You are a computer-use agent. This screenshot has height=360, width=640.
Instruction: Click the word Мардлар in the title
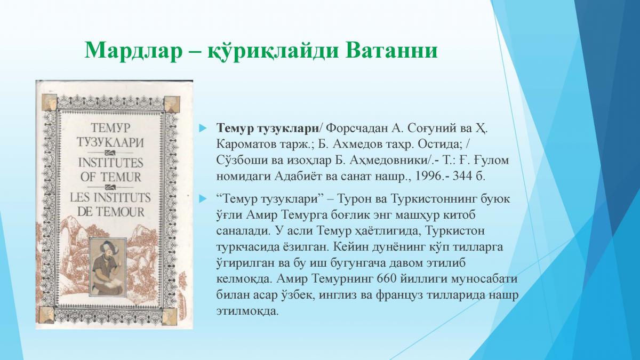coord(133,51)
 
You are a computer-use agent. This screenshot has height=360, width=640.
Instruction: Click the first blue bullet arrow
coord(203,129)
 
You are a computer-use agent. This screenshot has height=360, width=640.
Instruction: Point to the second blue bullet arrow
coord(203,198)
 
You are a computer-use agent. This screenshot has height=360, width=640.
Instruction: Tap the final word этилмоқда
coord(247,311)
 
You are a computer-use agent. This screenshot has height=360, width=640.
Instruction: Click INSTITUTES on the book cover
coord(110,163)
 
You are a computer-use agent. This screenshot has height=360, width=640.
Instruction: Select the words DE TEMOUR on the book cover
coord(111,212)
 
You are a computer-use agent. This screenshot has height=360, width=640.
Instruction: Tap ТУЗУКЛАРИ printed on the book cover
coord(110,142)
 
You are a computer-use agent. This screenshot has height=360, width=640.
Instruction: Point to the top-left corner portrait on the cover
coord(49,102)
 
